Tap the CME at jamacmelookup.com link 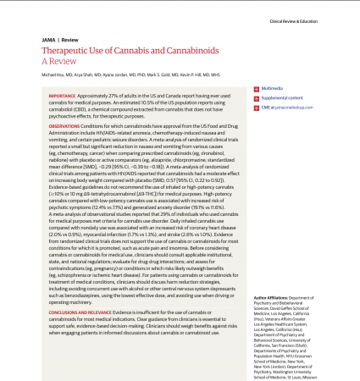pyautogui.click(x=288, y=108)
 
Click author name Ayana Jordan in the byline pyautogui.click(x=113, y=75)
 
